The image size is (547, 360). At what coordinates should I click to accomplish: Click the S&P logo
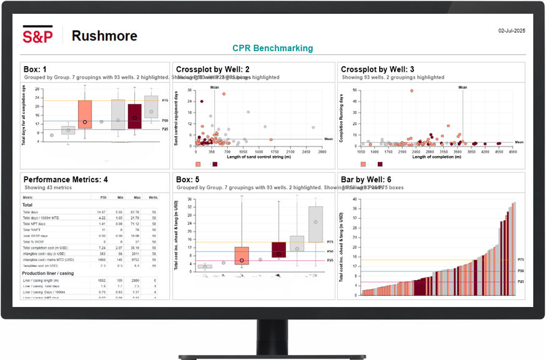37,36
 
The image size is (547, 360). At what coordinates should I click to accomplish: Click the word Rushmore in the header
104,36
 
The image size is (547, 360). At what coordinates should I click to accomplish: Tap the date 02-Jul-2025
511,30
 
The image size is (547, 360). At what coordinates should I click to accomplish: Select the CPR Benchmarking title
273,48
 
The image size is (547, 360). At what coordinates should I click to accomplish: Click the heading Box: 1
35,69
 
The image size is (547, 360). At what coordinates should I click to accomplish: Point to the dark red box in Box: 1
134,116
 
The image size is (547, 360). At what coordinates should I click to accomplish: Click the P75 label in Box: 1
165,100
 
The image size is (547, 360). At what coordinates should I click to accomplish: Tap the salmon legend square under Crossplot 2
199,164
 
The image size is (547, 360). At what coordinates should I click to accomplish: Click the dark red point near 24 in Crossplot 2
201,101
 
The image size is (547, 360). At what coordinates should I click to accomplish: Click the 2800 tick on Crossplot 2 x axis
322,152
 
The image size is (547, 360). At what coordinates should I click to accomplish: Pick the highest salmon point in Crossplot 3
412,90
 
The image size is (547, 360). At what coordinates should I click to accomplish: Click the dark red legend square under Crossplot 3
380,164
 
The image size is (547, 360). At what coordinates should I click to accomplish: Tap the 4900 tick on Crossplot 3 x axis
513,152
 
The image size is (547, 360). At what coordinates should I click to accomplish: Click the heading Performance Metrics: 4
66,180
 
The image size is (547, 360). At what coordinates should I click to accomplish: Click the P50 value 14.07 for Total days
101,212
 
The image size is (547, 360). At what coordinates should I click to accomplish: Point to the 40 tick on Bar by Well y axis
354,200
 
